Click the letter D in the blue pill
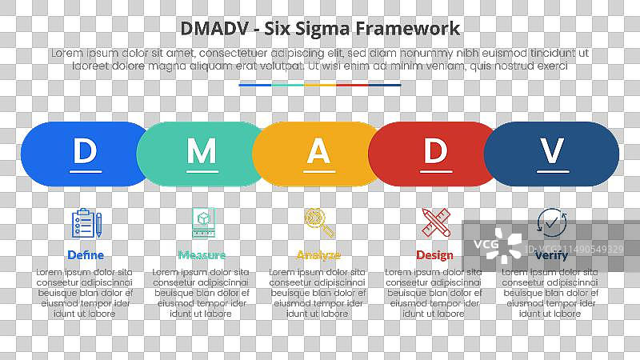[86, 150]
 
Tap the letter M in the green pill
[202, 150]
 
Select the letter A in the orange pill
[318, 150]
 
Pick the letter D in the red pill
[434, 150]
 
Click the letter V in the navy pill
[552, 150]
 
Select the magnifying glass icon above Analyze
[318, 222]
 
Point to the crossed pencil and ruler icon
[435, 222]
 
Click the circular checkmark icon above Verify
[550, 222]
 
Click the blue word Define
[86, 255]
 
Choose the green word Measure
[202, 255]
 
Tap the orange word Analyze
[318, 255]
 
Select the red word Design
[434, 255]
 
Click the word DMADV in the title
[210, 29]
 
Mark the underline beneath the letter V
[552, 170]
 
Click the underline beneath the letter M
[202, 170]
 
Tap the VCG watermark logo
[501, 246]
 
